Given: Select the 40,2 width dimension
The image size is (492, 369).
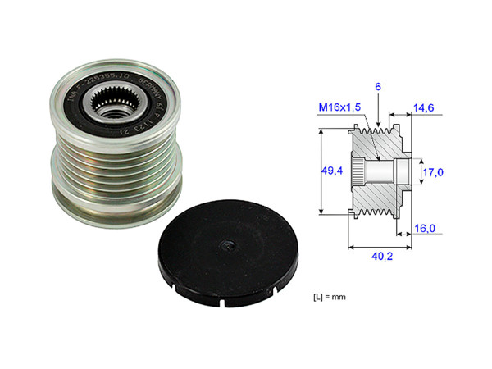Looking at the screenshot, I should (x=380, y=255).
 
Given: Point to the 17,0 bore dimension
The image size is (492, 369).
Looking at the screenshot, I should (x=432, y=172).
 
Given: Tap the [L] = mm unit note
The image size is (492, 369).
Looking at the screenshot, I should (x=332, y=294).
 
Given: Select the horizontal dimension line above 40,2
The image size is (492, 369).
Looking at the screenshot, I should (x=380, y=244).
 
